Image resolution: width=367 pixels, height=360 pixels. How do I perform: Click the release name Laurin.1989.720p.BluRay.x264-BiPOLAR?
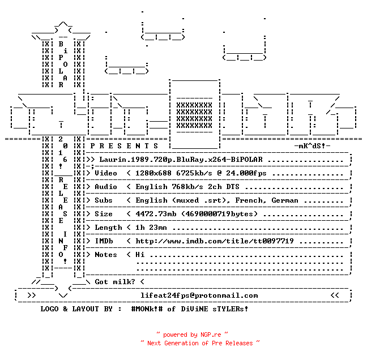[x=181, y=160]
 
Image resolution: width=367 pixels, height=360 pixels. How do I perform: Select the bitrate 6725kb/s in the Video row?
[x=194, y=173]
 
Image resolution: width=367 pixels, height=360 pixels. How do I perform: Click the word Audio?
[x=106, y=187]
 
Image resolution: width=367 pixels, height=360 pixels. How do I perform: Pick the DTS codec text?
[x=233, y=187]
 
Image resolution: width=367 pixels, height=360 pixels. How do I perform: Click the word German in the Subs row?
[x=285, y=200]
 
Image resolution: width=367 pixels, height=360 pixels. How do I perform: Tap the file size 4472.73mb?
[x=156, y=214]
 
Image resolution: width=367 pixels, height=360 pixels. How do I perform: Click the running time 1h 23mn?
[x=151, y=228]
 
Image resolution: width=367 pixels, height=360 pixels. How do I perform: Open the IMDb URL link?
[x=215, y=241]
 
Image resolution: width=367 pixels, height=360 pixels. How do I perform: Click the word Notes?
[x=106, y=255]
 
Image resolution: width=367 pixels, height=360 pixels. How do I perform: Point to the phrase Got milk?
[x=115, y=282]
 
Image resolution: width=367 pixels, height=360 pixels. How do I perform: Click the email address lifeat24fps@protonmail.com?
[x=199, y=295]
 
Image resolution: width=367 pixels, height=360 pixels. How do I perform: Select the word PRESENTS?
[x=124, y=146]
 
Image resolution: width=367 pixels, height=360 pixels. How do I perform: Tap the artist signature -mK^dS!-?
[x=312, y=146]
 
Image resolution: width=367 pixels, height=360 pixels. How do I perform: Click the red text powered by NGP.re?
[x=192, y=335]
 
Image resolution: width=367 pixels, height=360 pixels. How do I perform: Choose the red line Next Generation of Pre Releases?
[x=200, y=343]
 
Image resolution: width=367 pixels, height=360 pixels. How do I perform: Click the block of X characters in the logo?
[x=194, y=115]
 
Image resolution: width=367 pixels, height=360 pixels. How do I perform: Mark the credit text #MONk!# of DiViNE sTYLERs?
[x=190, y=309]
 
